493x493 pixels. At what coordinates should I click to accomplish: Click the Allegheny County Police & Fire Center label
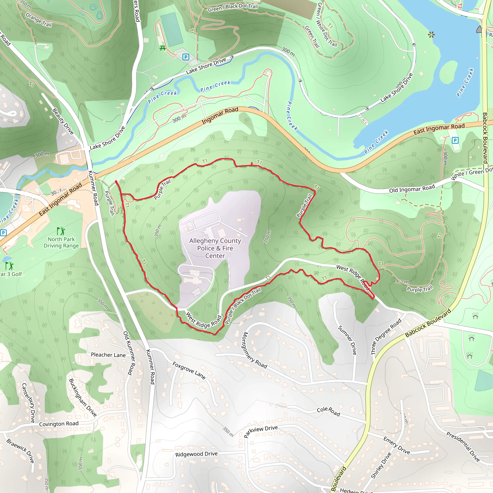point(215,248)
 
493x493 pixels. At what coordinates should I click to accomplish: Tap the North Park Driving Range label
point(61,242)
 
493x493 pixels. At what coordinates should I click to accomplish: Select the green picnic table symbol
point(162,48)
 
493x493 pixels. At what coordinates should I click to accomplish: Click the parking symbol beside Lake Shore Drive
point(186,57)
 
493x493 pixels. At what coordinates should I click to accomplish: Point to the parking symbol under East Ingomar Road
point(455,140)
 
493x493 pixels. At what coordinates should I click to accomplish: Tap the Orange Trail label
point(39,20)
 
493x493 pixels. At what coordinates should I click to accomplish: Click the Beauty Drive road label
point(63,122)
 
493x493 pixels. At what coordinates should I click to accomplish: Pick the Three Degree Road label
point(386,337)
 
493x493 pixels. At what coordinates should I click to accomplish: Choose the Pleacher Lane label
point(108,355)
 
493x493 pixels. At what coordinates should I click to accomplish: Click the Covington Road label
point(59,424)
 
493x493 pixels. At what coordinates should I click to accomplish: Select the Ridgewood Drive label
point(196,454)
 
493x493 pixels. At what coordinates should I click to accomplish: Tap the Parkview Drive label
point(260,431)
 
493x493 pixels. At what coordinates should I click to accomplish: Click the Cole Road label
point(328,411)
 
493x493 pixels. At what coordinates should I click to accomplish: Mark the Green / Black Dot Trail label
point(233,8)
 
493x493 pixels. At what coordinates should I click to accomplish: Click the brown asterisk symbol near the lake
point(431,34)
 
